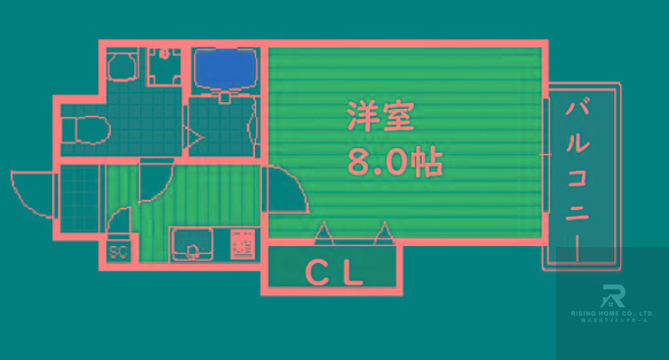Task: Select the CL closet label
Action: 333,271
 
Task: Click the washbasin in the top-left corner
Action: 123,67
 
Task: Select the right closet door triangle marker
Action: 384,232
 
